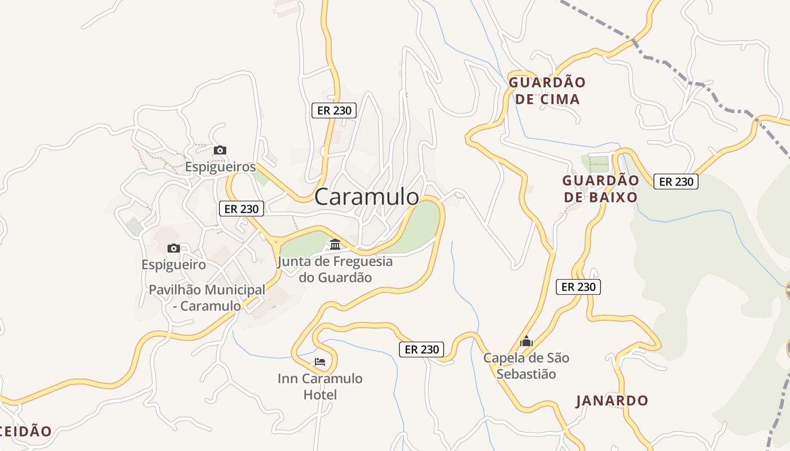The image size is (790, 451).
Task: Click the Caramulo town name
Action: click(367, 197)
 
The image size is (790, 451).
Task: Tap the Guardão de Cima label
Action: click(547, 91)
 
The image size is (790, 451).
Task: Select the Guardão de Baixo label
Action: click(600, 189)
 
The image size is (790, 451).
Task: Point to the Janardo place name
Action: click(612, 401)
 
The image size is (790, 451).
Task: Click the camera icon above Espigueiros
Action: click(220, 150)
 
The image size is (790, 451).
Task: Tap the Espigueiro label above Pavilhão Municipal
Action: click(173, 264)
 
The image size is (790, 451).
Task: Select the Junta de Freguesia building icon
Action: click(335, 245)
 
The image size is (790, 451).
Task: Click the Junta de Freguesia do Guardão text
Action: click(335, 269)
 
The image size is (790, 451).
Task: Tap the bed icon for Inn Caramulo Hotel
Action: click(320, 361)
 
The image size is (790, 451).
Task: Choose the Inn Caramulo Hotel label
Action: click(320, 386)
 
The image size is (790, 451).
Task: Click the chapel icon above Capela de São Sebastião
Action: click(526, 341)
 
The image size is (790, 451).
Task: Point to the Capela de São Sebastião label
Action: click(526, 366)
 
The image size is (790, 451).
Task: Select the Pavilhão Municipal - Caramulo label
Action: click(207, 298)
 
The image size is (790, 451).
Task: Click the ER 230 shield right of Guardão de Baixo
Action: click(676, 182)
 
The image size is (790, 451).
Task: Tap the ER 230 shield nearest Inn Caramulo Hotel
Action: click(422, 350)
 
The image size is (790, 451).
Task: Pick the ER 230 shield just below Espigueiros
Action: click(242, 209)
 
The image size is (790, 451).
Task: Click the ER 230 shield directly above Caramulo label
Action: click(334, 110)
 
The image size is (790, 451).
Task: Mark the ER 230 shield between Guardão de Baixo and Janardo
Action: click(578, 286)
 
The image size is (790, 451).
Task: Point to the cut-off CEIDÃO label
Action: click(25, 432)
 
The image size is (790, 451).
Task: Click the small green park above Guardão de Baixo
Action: click(596, 163)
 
